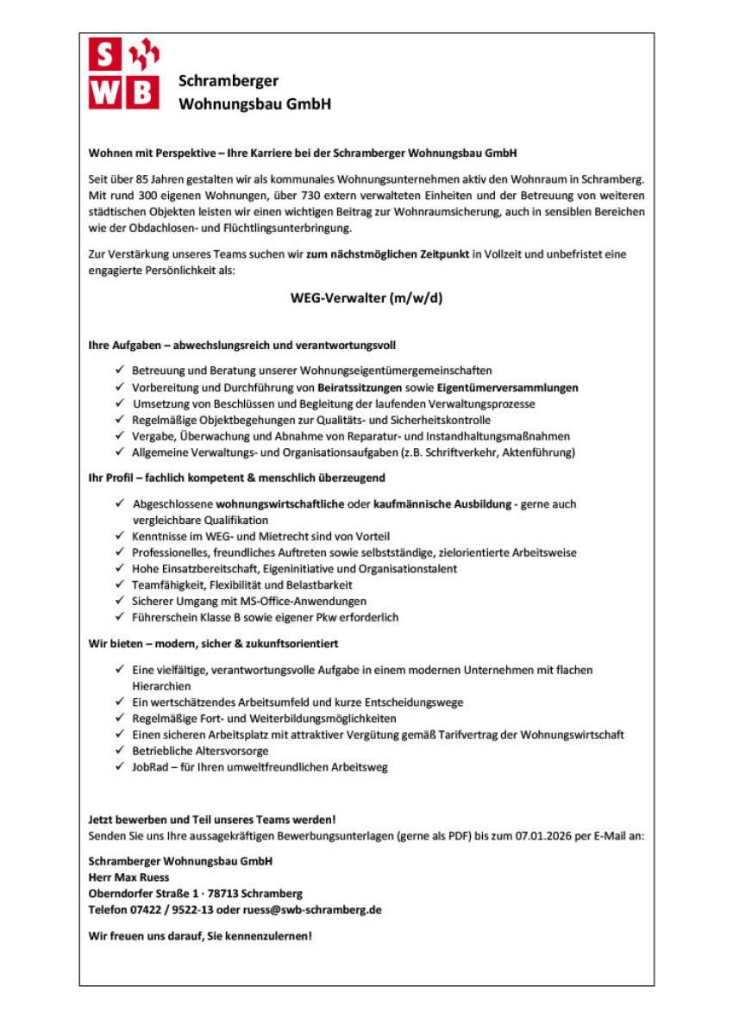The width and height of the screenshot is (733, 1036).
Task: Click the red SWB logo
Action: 123,74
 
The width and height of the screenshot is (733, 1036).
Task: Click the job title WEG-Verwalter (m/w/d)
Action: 366,299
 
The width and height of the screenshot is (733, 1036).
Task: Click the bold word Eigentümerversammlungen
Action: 507,387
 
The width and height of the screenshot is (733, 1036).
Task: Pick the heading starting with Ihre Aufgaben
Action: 241,346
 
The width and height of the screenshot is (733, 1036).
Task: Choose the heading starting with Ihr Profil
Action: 236,477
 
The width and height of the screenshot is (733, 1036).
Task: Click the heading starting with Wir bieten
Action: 213,643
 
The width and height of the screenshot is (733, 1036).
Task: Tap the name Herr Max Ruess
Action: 128,877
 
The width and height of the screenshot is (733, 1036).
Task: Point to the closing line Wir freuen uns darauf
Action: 200,935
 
